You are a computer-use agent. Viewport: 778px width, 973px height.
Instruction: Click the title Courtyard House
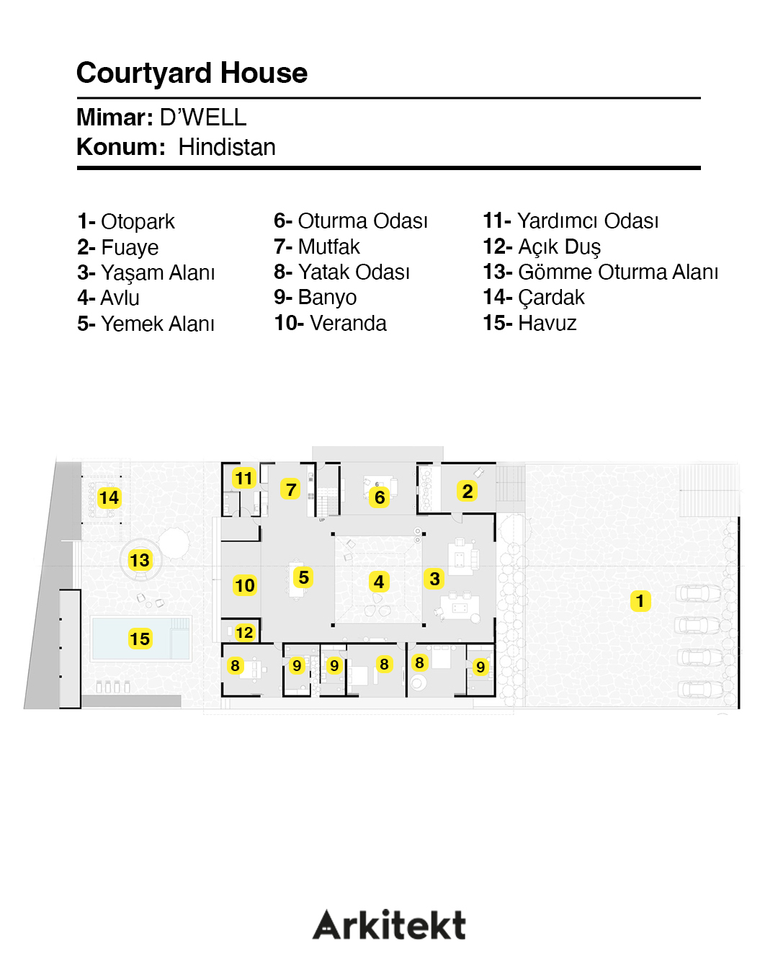(192, 74)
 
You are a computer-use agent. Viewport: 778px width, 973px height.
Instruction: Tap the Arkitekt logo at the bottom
(389, 925)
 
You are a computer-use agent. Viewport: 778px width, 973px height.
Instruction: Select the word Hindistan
(227, 147)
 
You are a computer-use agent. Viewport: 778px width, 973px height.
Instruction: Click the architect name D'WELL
(203, 117)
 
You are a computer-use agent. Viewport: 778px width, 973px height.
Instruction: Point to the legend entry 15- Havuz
(529, 323)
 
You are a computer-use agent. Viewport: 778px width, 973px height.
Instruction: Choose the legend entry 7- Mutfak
(316, 246)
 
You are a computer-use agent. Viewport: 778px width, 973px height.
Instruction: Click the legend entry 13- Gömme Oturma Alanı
(600, 272)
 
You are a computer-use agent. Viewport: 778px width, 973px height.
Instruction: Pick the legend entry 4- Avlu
(108, 298)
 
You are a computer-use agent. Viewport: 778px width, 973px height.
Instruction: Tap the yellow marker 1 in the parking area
(640, 601)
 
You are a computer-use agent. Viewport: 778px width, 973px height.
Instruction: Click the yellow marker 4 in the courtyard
(379, 582)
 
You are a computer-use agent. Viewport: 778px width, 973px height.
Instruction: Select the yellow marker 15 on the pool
(140, 639)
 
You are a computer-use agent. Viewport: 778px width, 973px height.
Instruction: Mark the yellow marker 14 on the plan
(109, 497)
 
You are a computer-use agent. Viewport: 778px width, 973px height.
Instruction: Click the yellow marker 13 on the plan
(140, 560)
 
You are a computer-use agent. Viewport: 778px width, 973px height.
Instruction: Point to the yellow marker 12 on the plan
(244, 632)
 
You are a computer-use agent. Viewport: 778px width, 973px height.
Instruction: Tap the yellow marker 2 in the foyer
(468, 492)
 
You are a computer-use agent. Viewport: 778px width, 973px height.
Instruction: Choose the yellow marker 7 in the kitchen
(291, 490)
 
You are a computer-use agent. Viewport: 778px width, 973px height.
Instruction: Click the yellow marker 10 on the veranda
(245, 585)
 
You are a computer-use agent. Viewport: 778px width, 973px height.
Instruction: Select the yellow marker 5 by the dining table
(304, 577)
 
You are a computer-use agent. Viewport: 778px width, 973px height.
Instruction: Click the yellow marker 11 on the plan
(244, 478)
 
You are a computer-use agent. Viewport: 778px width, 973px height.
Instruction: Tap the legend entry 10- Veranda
(330, 323)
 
